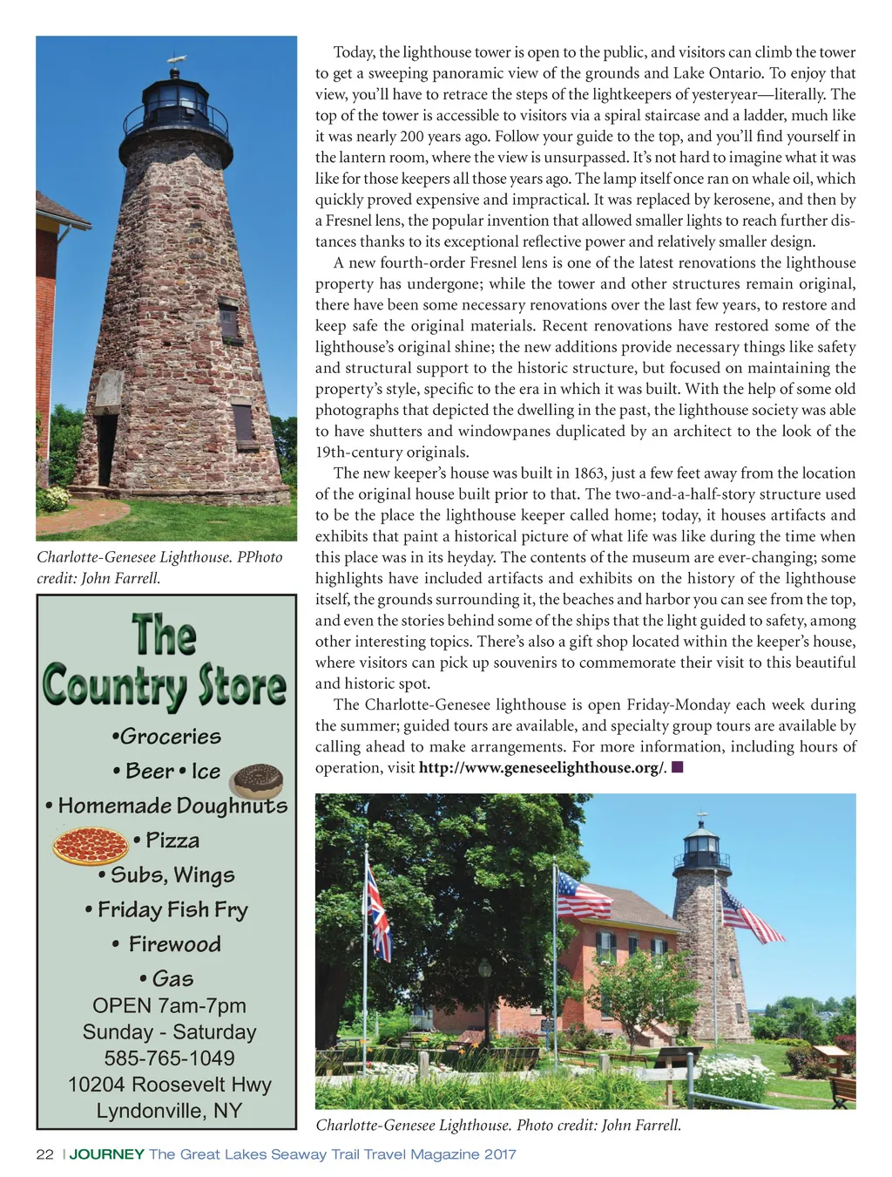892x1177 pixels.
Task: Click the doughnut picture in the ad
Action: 258,780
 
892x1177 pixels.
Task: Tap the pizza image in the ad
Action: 91,844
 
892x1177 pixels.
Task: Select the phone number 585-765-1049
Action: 169,1058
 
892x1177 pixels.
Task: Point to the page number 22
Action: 44,1154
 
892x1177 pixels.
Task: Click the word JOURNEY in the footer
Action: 106,1154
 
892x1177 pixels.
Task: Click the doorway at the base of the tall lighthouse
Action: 106,449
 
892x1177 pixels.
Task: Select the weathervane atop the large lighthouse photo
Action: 177,60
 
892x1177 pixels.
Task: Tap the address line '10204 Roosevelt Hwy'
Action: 170,1084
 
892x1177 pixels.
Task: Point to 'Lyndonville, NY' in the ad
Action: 169,1111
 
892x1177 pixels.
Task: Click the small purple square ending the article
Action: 677,767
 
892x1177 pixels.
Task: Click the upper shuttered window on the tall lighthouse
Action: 229,321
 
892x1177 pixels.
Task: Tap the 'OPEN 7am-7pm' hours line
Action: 169,1005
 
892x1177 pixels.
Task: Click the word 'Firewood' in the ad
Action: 174,944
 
